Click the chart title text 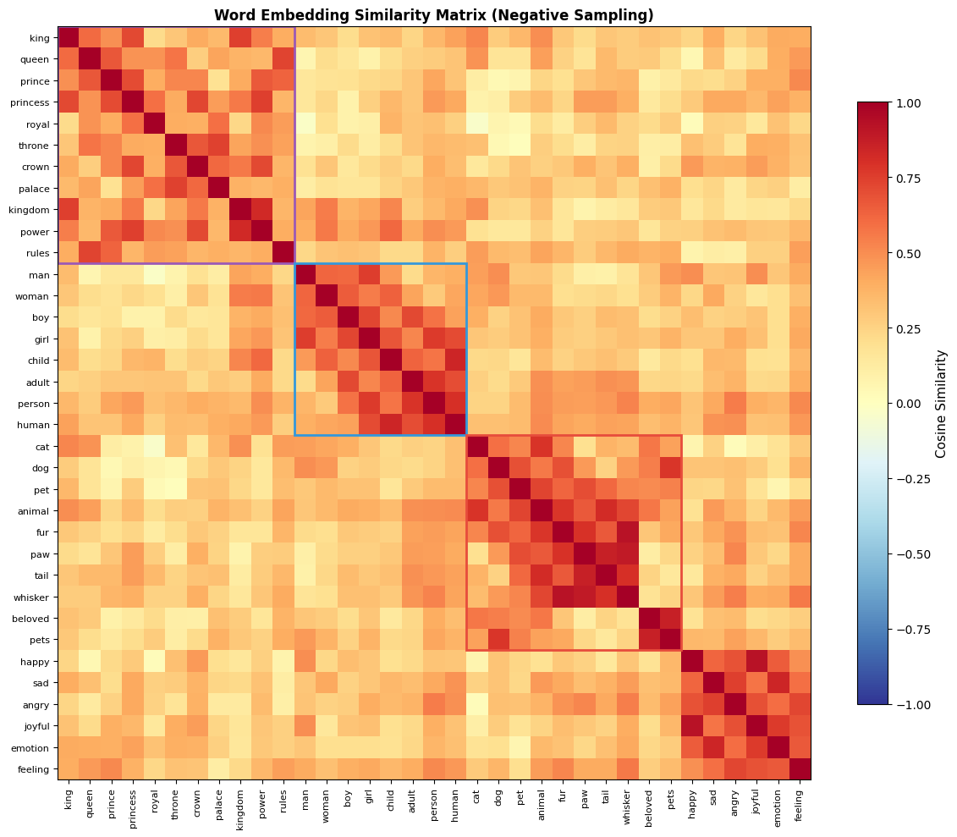point(433,15)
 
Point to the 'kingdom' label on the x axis point(240,802)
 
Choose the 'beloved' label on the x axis point(649,801)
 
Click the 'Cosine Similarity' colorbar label point(940,404)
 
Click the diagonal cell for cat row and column point(477,446)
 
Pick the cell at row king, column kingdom point(240,38)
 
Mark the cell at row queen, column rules point(283,59)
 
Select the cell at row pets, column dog point(498,639)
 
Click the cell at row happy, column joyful point(756,660)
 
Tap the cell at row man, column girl point(369,274)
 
